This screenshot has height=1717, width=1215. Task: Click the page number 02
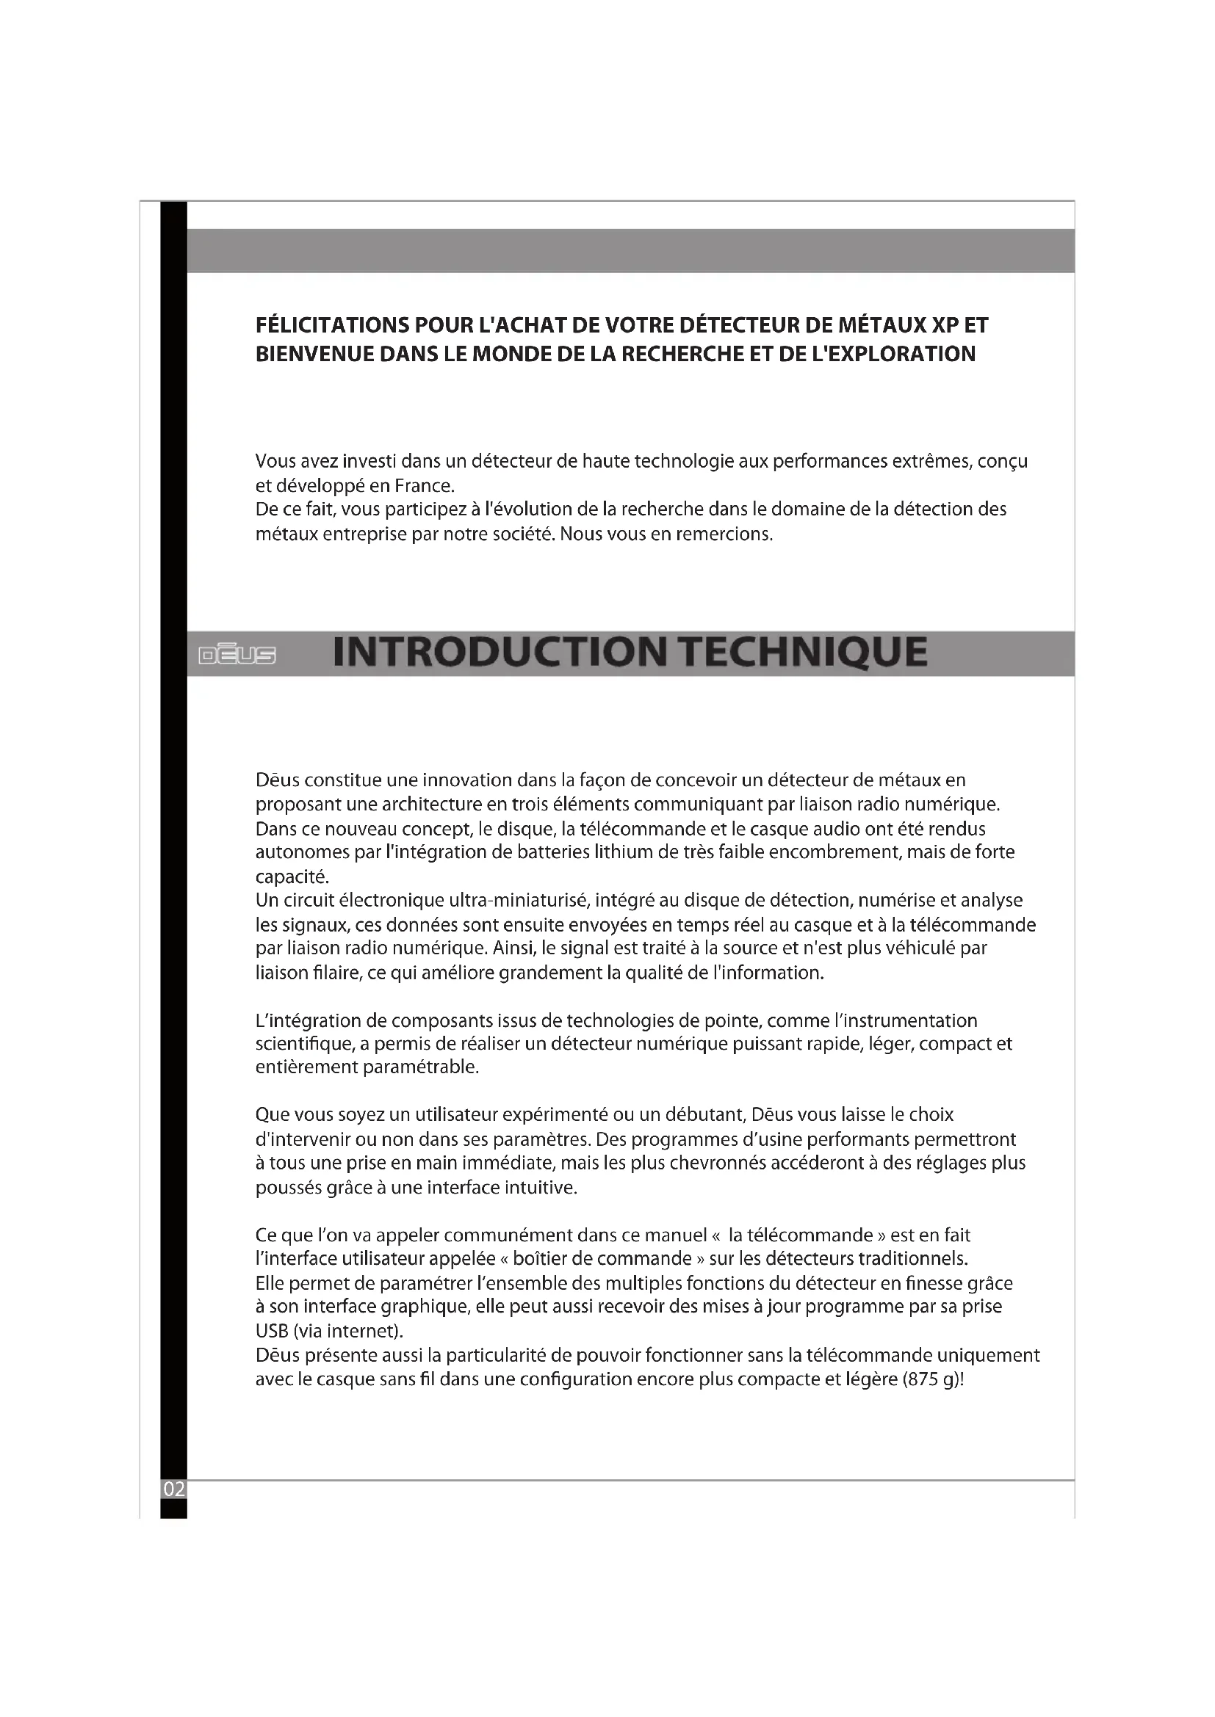[x=173, y=1489]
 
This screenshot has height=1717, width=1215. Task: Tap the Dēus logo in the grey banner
[x=237, y=656]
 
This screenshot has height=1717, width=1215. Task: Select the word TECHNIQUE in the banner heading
[x=805, y=652]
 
